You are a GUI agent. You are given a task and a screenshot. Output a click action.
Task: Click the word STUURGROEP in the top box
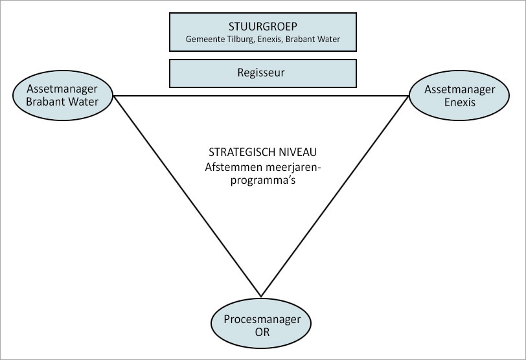(262, 27)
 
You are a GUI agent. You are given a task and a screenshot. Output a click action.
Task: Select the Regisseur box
(262, 73)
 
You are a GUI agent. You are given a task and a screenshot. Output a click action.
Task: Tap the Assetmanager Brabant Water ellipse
(63, 96)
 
